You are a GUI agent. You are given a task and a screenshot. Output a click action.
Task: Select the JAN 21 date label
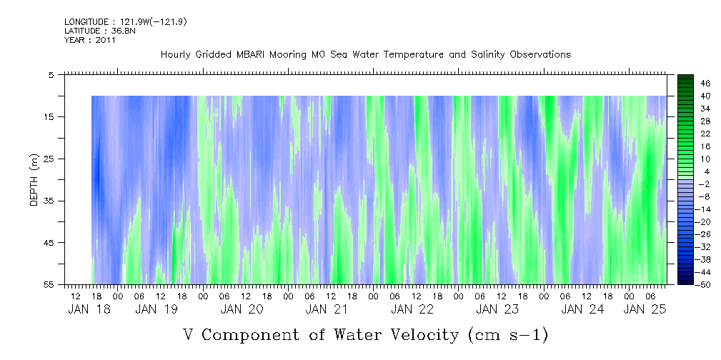coord(327,309)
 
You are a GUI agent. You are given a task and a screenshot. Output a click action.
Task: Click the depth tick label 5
coord(51,74)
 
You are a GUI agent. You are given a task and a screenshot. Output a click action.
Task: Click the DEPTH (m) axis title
coord(33,181)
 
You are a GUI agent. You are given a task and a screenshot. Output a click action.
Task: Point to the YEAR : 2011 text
coord(90,41)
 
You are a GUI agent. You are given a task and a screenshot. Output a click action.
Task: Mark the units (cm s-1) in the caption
coord(508,334)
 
